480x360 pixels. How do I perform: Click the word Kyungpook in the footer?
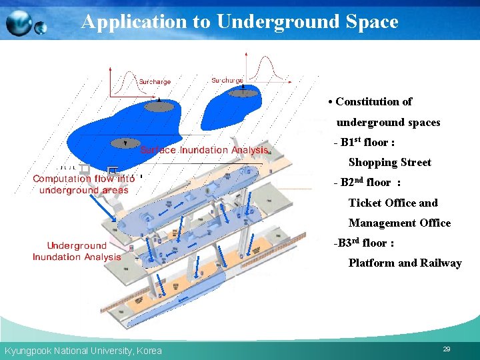tap(27, 351)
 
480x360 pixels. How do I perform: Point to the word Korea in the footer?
tap(149, 351)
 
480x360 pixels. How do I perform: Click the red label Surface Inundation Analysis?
tap(204, 150)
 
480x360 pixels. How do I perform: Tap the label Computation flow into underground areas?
tap(83, 184)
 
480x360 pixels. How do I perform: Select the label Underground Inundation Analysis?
tap(77, 251)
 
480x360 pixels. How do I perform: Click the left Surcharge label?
tap(155, 82)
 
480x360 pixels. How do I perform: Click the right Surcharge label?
tap(227, 81)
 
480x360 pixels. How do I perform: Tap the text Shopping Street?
tap(389, 163)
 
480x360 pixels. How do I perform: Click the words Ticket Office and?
tap(393, 203)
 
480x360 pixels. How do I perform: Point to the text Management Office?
tap(399, 223)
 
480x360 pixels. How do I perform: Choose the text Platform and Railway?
tap(405, 263)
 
